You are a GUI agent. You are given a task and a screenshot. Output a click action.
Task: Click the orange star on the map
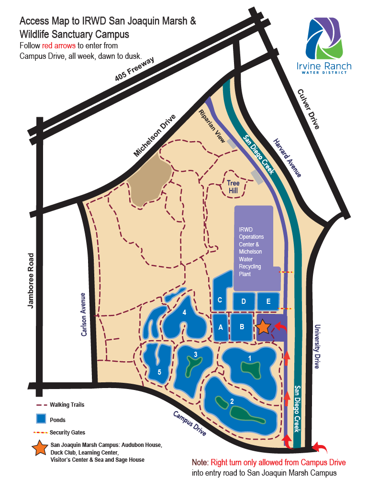click(263, 326)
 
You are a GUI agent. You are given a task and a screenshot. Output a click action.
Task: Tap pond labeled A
click(221, 327)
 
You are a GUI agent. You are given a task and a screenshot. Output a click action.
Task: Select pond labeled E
click(268, 301)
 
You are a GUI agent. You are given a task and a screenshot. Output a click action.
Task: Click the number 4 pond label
click(184, 312)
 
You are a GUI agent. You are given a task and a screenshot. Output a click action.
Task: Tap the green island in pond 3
click(193, 367)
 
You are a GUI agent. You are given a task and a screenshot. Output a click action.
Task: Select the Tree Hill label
click(233, 187)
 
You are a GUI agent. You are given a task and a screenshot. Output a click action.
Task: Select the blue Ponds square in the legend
click(41, 419)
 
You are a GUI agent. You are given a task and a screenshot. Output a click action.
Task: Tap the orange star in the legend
click(40, 449)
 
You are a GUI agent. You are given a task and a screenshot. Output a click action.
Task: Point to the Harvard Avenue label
click(287, 158)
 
